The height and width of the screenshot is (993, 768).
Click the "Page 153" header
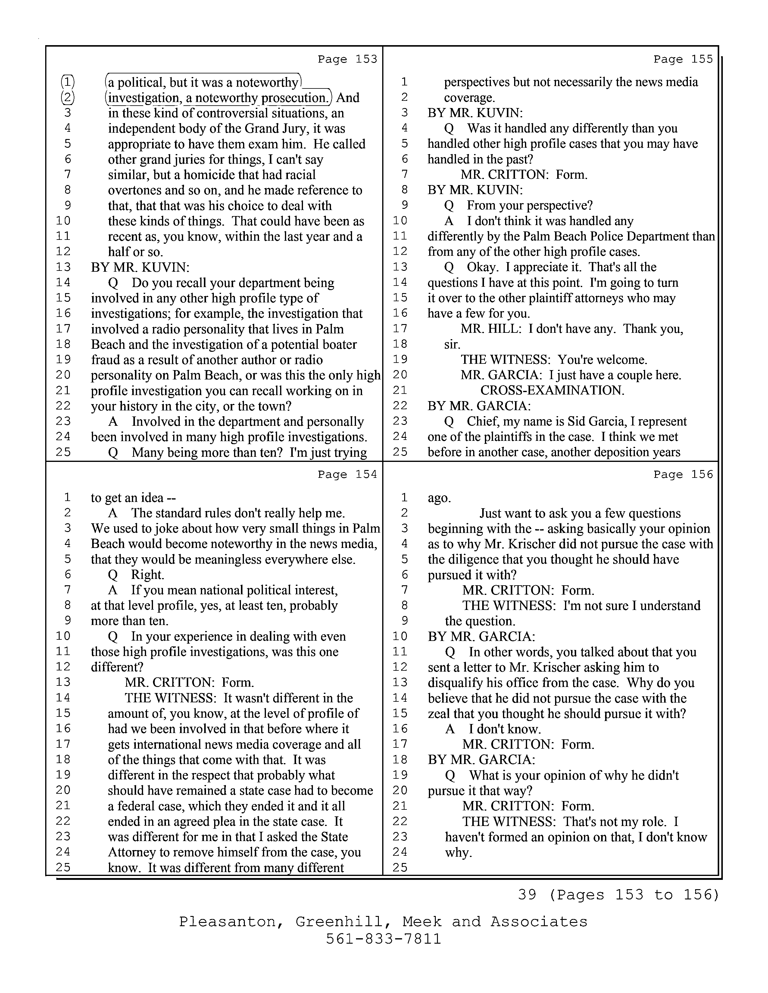(x=347, y=59)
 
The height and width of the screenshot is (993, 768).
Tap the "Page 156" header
(x=683, y=474)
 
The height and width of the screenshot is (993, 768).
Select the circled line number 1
(x=68, y=82)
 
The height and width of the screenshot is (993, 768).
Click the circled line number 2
(x=68, y=98)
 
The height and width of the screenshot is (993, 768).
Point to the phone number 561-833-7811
(x=383, y=939)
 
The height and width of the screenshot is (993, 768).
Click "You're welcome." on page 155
(x=602, y=360)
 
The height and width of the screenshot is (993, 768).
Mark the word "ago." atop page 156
(x=439, y=498)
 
